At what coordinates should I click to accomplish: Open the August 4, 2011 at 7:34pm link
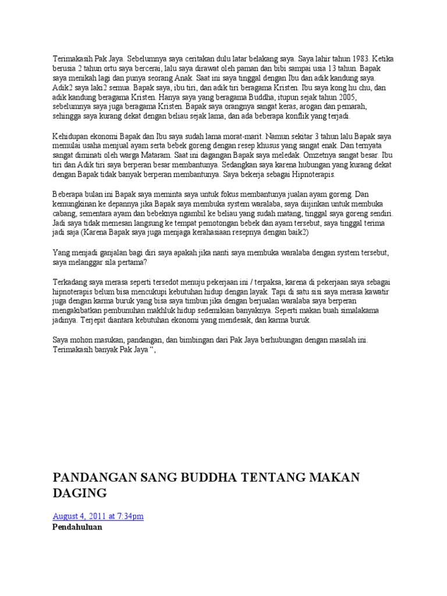(x=98, y=516)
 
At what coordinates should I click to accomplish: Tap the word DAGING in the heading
(x=80, y=494)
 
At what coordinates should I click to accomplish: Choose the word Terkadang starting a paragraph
(x=71, y=282)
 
